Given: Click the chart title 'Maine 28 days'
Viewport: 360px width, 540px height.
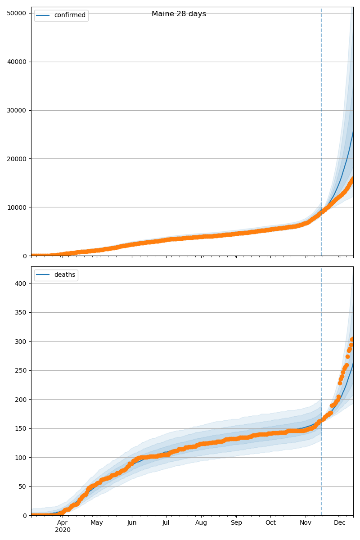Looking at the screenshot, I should pyautogui.click(x=179, y=14).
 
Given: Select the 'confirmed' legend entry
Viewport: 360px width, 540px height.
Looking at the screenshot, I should pyautogui.click(x=69, y=15).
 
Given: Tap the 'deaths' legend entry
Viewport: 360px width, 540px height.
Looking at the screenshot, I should pyautogui.click(x=64, y=275).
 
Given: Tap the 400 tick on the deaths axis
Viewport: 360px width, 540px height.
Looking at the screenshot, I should pyautogui.click(x=21, y=283).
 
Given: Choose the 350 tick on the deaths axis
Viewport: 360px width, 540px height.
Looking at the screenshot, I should pyautogui.click(x=21, y=313).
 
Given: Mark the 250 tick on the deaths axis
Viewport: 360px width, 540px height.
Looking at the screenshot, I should pyautogui.click(x=21, y=371).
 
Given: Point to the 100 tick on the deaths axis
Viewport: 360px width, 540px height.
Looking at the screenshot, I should pyautogui.click(x=21, y=458).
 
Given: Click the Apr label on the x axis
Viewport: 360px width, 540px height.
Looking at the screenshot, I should pyautogui.click(x=63, y=522).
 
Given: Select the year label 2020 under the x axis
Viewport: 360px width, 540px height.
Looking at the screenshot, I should pyautogui.click(x=63, y=530).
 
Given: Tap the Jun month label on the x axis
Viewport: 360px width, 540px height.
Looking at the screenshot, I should pyautogui.click(x=132, y=522).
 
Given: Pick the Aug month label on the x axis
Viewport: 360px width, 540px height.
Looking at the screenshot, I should pyautogui.click(x=201, y=522).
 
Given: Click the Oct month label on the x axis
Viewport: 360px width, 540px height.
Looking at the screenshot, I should pyautogui.click(x=270, y=522).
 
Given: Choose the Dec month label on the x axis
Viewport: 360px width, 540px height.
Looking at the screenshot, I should pyautogui.click(x=340, y=522).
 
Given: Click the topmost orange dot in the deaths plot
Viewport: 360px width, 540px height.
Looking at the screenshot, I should pyautogui.click(x=353, y=338).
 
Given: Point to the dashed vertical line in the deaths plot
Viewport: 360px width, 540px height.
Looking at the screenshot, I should pyautogui.click(x=321, y=405).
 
